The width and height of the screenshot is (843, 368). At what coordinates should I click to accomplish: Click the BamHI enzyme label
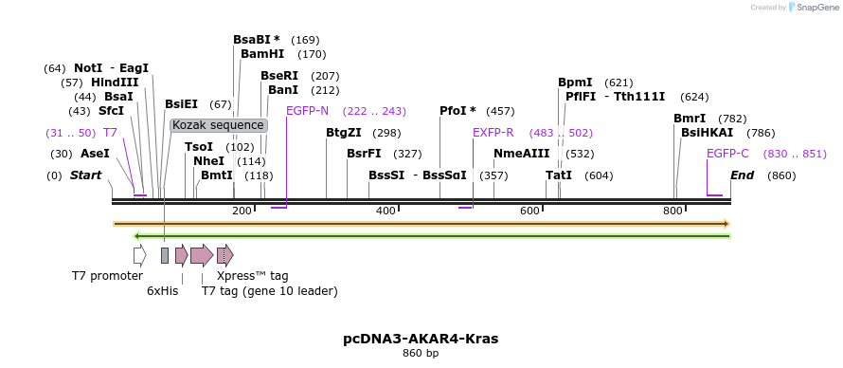tap(262, 54)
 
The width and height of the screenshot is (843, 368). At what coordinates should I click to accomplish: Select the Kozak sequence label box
tap(218, 125)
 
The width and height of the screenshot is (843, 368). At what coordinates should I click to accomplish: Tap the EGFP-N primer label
tap(307, 111)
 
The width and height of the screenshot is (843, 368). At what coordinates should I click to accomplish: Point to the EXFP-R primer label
tap(493, 133)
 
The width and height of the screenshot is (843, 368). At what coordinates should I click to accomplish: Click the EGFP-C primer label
tap(727, 154)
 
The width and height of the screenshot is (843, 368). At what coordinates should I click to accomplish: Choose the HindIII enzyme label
tap(115, 83)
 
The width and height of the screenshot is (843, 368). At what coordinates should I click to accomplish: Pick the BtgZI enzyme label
tap(344, 133)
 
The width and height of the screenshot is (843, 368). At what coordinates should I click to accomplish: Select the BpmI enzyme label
tap(575, 83)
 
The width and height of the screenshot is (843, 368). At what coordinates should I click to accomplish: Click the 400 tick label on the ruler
tap(386, 211)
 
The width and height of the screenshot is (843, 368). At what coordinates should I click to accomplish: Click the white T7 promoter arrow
tap(140, 255)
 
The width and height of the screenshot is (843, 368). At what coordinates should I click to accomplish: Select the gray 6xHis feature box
tap(165, 255)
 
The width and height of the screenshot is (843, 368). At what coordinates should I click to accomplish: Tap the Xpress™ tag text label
tap(253, 276)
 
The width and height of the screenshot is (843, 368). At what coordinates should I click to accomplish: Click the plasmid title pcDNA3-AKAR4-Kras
tap(421, 339)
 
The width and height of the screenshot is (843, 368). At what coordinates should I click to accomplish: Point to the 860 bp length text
tap(421, 354)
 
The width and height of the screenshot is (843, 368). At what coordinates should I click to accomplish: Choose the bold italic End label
tap(742, 175)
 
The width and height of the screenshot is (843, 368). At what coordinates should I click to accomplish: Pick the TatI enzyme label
tap(559, 175)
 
